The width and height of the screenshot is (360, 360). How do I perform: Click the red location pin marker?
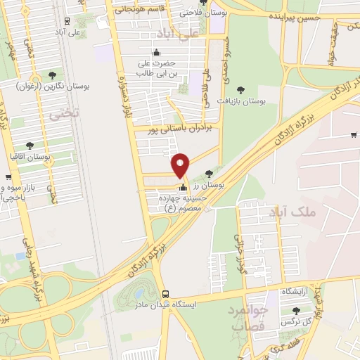coord(181,165)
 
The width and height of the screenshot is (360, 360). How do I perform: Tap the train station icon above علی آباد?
coord(66,20)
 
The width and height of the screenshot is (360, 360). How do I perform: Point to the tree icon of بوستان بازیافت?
coord(240,90)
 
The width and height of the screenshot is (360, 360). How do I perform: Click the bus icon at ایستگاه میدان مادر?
coord(165,294)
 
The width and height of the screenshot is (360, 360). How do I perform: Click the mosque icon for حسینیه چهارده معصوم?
coord(184,188)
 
